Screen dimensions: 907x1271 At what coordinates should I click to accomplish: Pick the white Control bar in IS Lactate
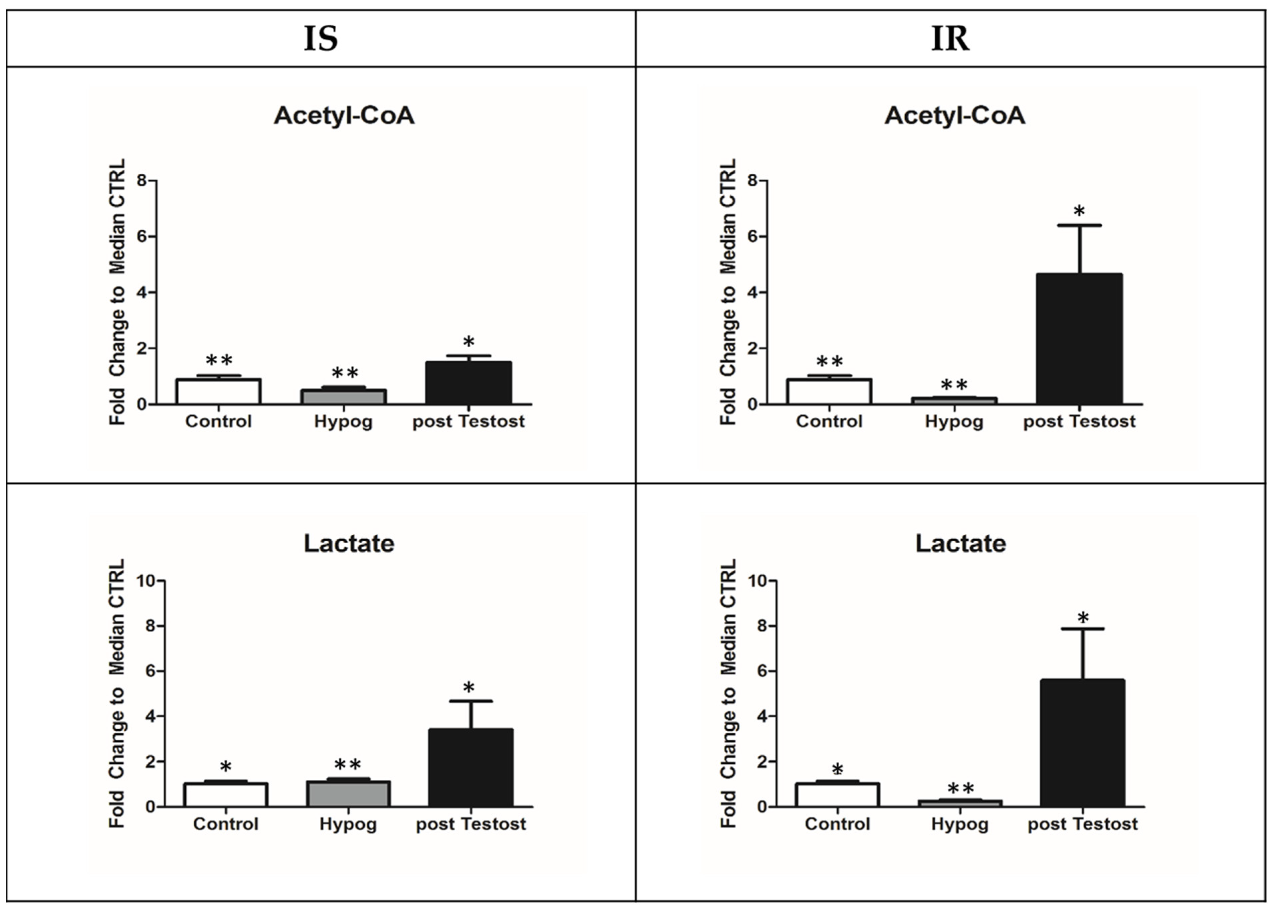click(x=226, y=795)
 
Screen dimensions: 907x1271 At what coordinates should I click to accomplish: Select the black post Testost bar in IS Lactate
click(x=471, y=768)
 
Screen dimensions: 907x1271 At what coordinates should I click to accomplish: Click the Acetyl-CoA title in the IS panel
click(x=344, y=116)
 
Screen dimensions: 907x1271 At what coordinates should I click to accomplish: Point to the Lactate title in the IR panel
click(x=960, y=543)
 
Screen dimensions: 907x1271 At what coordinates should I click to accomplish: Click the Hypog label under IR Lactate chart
click(x=959, y=824)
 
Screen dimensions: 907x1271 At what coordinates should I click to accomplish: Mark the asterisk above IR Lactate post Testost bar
click(x=1083, y=618)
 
